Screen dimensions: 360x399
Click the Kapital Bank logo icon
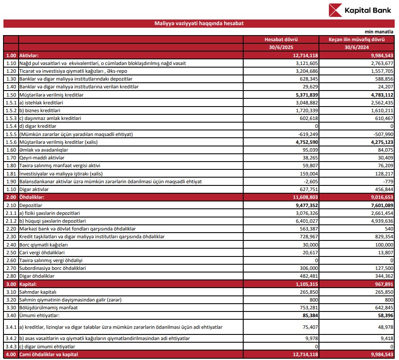(x=335, y=10)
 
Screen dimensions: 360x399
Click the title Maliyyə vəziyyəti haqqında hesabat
(x=199, y=23)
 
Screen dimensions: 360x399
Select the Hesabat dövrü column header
(x=281, y=39)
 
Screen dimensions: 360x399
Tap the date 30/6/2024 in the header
(x=357, y=47)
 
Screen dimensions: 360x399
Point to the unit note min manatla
(x=379, y=32)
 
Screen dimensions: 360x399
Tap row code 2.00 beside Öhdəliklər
(x=11, y=197)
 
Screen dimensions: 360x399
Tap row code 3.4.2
(x=11, y=338)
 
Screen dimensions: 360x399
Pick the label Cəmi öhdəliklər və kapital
(x=50, y=354)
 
